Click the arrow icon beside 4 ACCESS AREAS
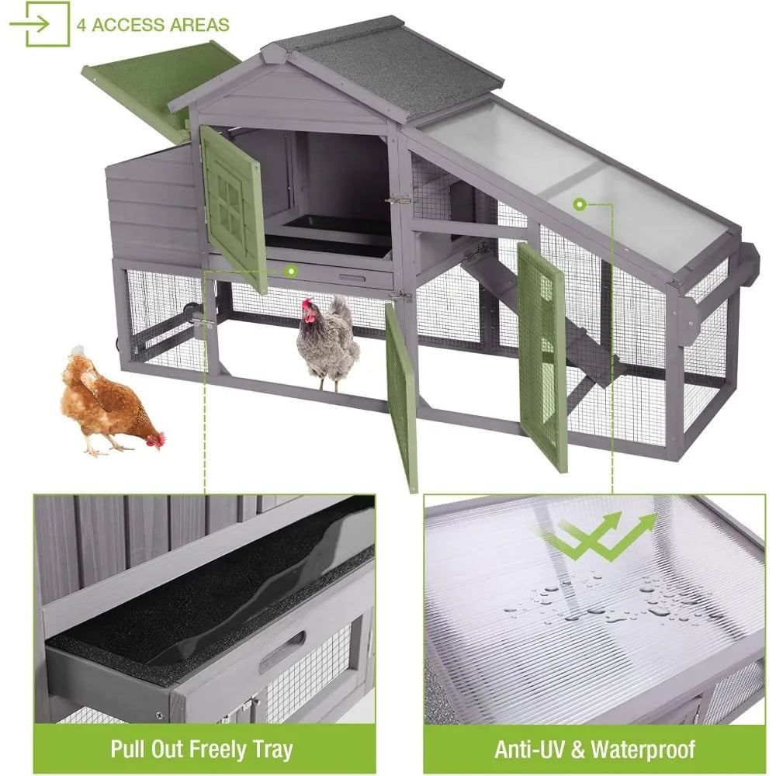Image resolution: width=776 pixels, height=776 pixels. click(x=39, y=24)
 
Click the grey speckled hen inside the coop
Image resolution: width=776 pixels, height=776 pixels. click(x=329, y=341)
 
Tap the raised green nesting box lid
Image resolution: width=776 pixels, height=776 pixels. click(x=159, y=81)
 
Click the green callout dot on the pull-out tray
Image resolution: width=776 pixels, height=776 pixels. click(x=291, y=271)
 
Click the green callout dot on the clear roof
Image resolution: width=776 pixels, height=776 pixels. click(x=578, y=205)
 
